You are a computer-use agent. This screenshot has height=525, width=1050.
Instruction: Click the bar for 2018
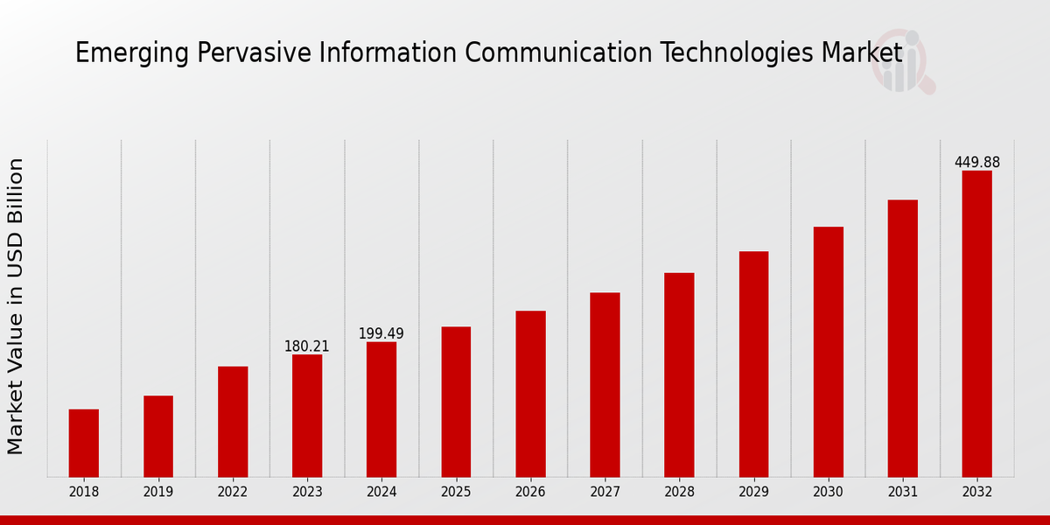coord(84,443)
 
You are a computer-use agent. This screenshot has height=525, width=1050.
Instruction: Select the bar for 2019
coord(158,436)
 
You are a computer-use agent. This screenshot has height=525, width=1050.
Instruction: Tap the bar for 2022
coord(233,421)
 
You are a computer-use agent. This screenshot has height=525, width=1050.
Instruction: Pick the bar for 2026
coord(530,394)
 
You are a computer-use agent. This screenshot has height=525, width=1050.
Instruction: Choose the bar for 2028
coord(679,374)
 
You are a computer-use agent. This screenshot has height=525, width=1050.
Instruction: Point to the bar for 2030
coord(828,352)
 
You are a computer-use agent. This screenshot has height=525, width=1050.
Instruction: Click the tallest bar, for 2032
coord(976,324)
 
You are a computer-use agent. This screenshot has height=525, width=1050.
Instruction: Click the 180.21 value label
coord(307,346)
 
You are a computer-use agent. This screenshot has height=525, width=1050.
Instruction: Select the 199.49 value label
coord(381,334)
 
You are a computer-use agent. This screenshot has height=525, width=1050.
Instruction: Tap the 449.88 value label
coord(976,163)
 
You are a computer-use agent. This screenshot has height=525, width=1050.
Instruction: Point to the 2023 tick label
coord(307,492)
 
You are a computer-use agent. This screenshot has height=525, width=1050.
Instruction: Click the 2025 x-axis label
coord(456,492)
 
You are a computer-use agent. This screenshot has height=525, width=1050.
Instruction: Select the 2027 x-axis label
coord(605,492)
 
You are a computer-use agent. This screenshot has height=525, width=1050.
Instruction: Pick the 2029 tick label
coord(753,492)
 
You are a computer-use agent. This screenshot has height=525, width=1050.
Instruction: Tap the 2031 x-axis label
coord(902,492)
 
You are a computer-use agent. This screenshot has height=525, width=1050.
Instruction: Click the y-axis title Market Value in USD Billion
coord(16,306)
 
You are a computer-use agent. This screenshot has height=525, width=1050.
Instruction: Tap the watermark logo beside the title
coord(902,61)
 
